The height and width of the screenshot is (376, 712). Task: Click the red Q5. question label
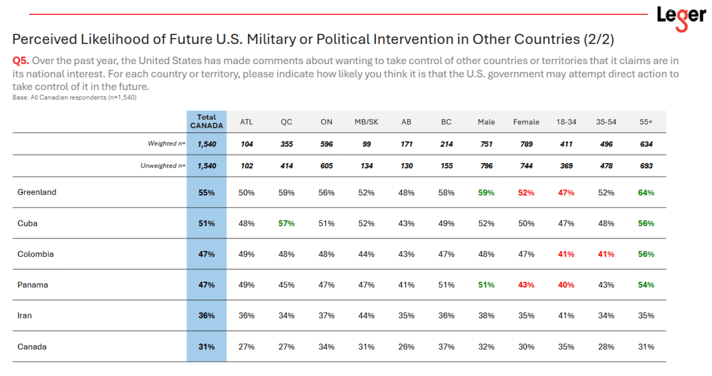pos(21,60)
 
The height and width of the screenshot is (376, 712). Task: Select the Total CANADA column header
pos(206,122)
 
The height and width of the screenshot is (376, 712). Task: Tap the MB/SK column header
pos(367,122)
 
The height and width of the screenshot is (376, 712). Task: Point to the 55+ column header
pos(646,122)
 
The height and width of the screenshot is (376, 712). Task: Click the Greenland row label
pos(37,192)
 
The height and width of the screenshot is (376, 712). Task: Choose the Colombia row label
pos(36,254)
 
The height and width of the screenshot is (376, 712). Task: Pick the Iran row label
pos(24,316)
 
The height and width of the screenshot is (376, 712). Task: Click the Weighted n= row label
pos(167,144)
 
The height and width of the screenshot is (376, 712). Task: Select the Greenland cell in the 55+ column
pos(646,193)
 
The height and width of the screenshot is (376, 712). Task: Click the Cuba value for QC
pos(287,224)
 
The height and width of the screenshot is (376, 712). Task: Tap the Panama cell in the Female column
pos(526,285)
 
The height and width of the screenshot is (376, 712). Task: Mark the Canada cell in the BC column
pos(446,347)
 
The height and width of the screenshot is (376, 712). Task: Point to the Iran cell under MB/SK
pos(366,316)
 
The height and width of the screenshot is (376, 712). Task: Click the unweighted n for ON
pos(326,166)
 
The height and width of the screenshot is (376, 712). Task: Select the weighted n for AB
pos(406,144)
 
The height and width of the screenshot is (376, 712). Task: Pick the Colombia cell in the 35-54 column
pos(606,254)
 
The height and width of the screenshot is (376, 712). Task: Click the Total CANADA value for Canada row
pos(206,347)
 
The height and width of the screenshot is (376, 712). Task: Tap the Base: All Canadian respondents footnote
pos(74,98)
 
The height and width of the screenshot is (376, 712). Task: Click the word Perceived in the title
pos(45,39)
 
